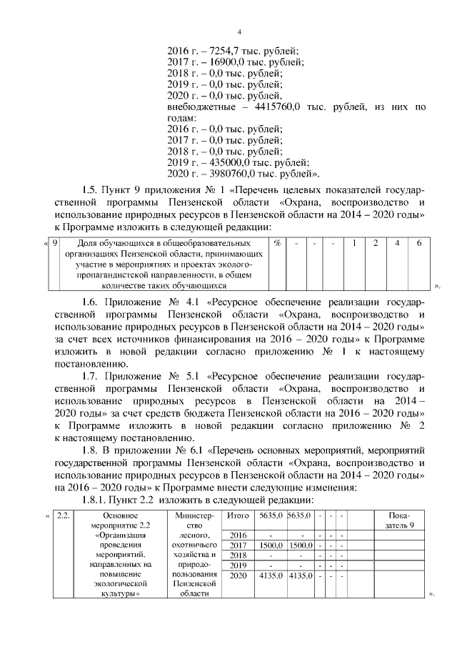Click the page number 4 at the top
click(239, 32)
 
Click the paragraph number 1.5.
click(93, 190)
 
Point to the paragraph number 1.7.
click(93, 375)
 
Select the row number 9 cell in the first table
click(56, 244)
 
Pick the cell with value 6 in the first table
click(419, 244)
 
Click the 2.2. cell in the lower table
click(64, 515)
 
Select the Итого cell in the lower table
click(237, 515)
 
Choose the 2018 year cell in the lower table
click(237, 555)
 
